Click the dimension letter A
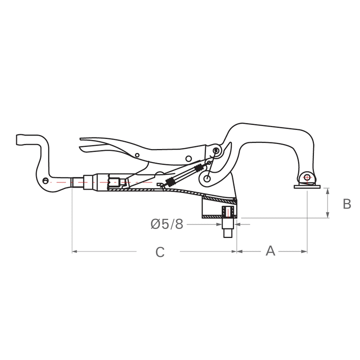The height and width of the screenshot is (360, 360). click(x=270, y=250)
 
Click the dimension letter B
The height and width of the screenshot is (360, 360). click(x=347, y=204)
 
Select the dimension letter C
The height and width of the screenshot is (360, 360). click(x=159, y=251)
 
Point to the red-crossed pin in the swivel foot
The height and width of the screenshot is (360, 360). click(x=307, y=177)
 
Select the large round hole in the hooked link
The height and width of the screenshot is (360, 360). click(x=206, y=178)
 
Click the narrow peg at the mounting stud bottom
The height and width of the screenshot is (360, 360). click(x=227, y=233)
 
